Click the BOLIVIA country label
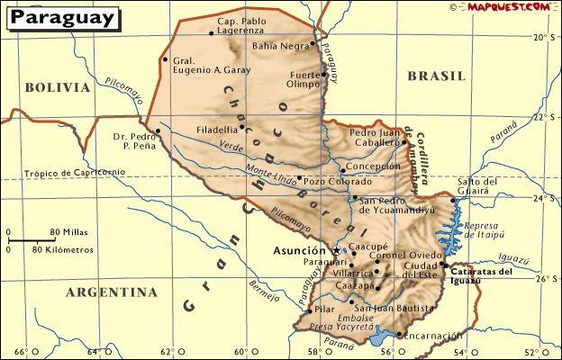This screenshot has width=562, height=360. (x=58, y=87)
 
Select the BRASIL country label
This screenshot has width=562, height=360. (x=435, y=76)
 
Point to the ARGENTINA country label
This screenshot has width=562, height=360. (x=112, y=292)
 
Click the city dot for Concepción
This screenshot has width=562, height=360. (x=341, y=167)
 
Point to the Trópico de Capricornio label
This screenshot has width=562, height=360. (x=62, y=172)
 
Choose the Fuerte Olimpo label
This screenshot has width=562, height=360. (x=304, y=79)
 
